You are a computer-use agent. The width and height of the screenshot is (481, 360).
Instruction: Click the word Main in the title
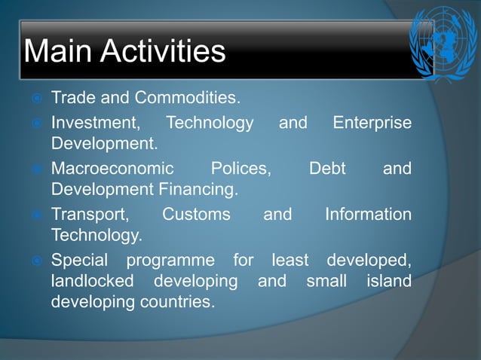tap(58, 51)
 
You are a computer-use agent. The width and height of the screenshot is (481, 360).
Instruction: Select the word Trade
tap(74, 98)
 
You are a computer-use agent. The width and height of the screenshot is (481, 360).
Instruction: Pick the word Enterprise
tap(372, 122)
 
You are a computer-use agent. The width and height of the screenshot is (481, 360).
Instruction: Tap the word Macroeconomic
tap(112, 168)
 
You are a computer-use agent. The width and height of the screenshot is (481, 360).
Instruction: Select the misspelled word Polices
tap(240, 168)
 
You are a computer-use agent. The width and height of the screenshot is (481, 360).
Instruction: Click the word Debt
tap(327, 168)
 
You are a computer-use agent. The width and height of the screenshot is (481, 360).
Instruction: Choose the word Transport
tap(89, 215)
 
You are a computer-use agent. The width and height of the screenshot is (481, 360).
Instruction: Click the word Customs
tap(196, 215)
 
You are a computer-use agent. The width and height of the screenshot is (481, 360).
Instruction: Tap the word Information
tap(368, 215)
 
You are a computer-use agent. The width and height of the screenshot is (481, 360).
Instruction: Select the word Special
tap(80, 261)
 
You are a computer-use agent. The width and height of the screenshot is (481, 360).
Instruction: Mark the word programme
tap(170, 261)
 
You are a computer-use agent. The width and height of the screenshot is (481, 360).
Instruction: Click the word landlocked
tap(92, 282)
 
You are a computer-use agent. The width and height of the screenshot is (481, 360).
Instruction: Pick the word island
tap(391, 282)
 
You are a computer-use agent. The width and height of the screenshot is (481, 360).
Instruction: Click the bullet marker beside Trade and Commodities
tap(35, 99)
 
